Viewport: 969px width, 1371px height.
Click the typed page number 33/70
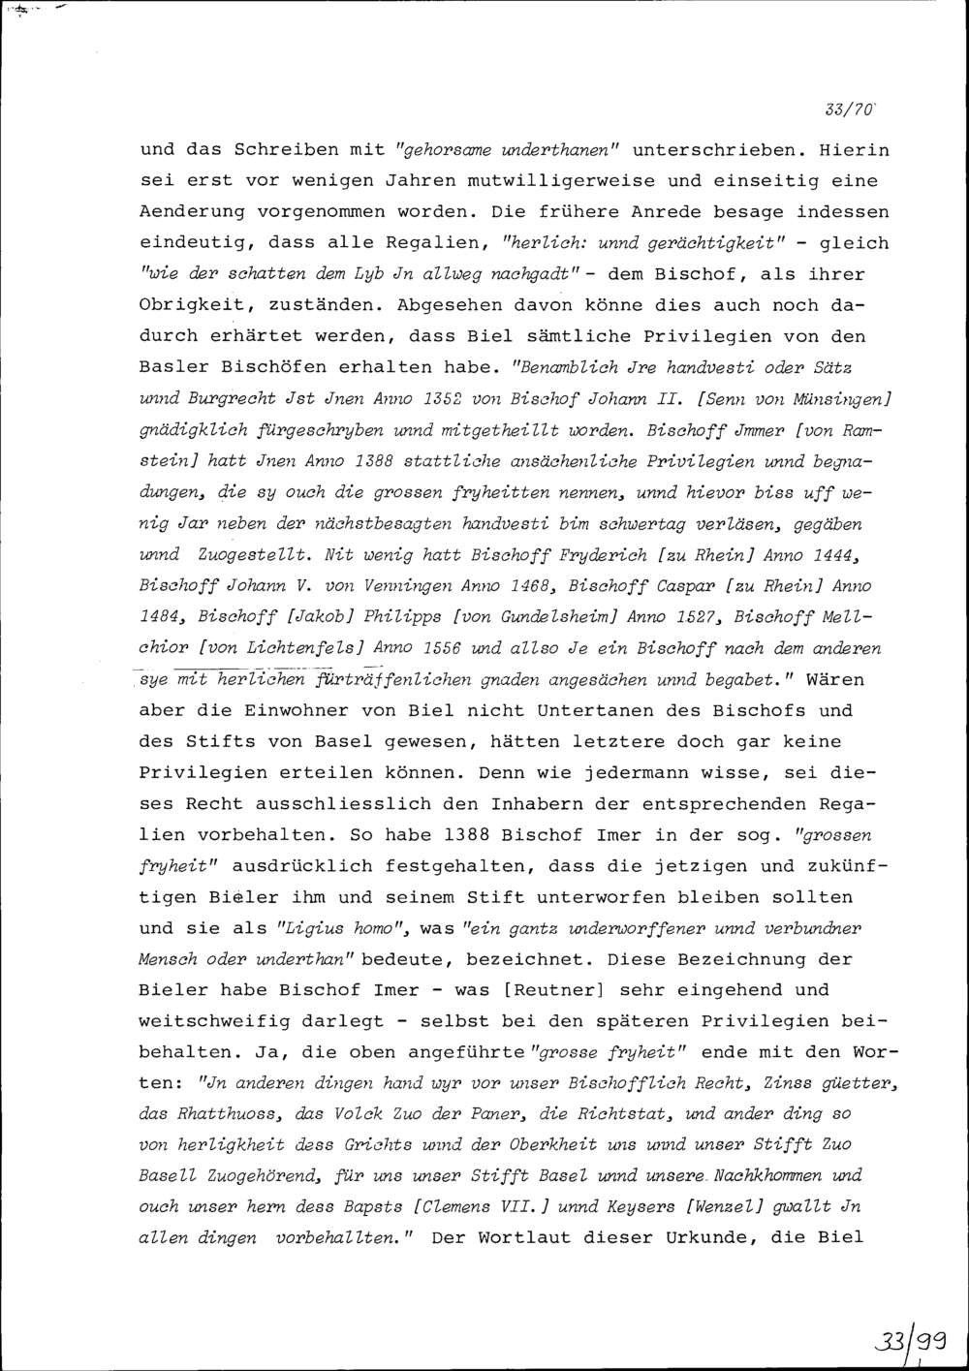pyautogui.click(x=849, y=109)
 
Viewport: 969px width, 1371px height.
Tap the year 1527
pyautogui.click(x=694, y=617)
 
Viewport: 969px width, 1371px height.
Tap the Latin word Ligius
pyautogui.click(x=309, y=928)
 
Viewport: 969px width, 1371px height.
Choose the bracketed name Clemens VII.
pyautogui.click(x=463, y=1207)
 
